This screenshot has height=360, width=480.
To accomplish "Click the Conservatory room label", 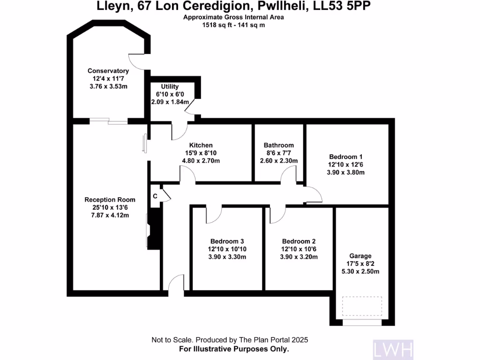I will (x=108, y=71).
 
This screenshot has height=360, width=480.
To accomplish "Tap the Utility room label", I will (x=170, y=87).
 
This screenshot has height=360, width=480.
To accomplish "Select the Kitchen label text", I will (x=201, y=145).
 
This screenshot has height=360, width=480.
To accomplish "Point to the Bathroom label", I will (x=278, y=145).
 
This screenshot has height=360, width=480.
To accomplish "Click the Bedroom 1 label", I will (x=345, y=157).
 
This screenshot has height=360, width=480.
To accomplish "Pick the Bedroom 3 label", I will (x=227, y=241).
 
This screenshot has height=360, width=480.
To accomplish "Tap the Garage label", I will (x=360, y=256).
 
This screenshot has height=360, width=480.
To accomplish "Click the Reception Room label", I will (x=110, y=200).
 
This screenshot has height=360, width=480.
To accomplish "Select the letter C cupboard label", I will (x=155, y=196).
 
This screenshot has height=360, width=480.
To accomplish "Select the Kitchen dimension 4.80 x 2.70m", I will (x=201, y=161).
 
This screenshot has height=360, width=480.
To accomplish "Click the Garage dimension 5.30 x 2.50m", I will (x=360, y=271).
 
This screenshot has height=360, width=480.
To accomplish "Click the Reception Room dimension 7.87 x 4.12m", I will (x=110, y=215).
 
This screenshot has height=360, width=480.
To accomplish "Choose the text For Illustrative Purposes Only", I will (x=234, y=349).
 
